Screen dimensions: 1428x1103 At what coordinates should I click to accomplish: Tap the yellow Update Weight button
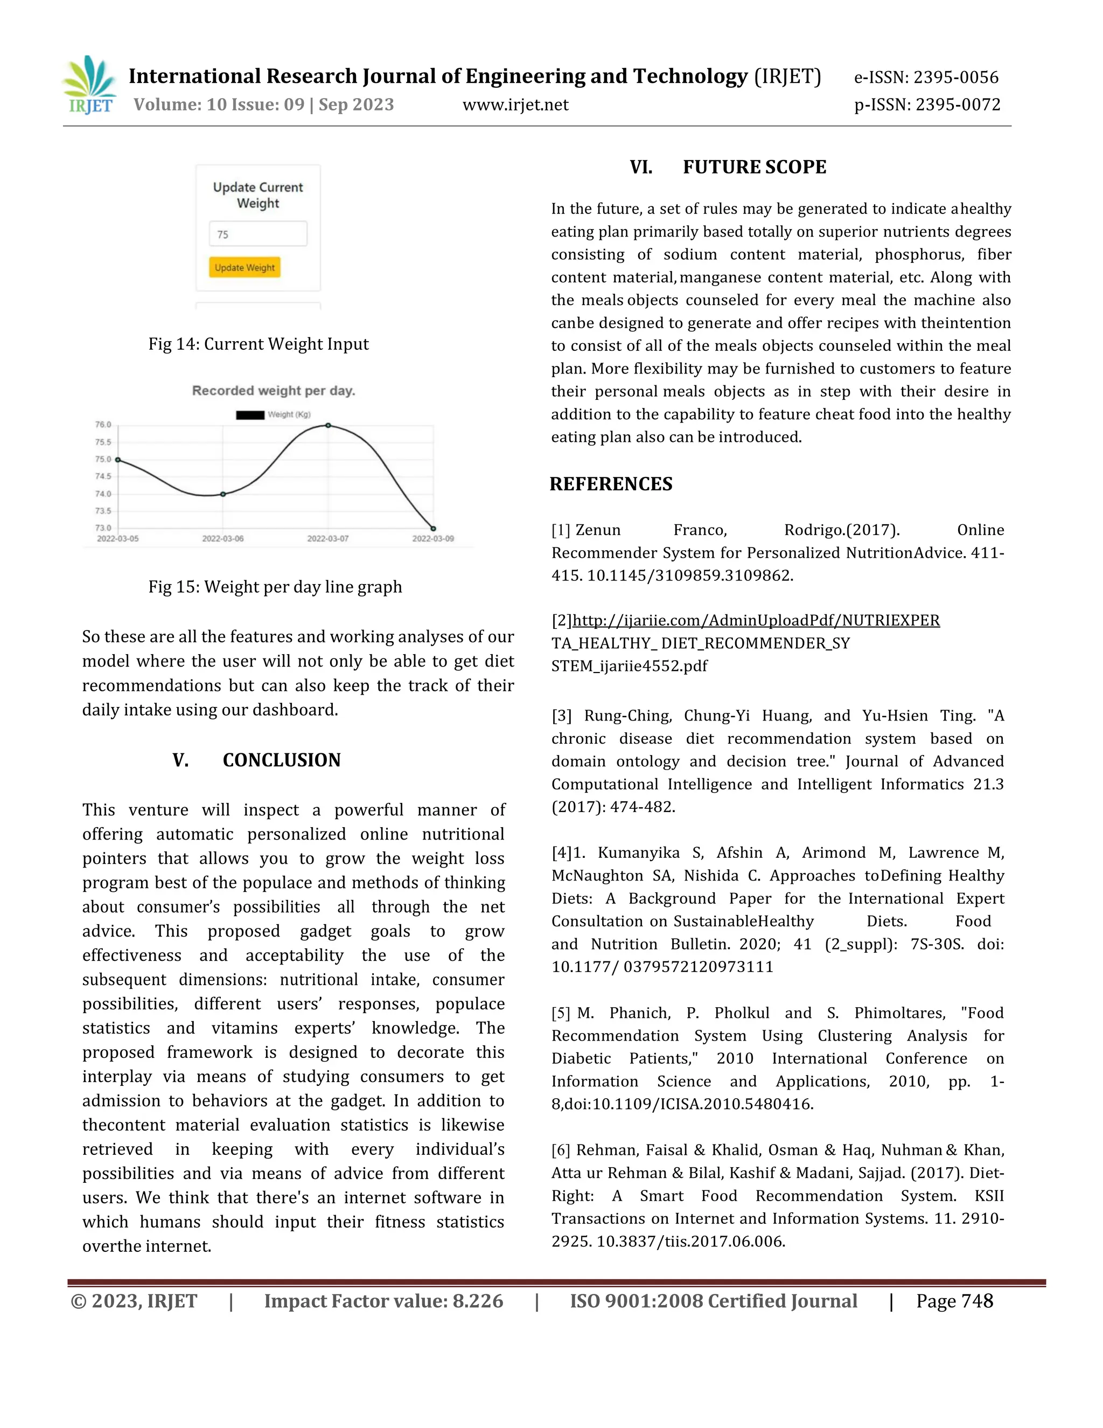(x=245, y=267)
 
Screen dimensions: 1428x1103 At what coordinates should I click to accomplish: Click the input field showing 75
(x=257, y=234)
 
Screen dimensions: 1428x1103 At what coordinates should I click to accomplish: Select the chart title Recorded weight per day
(x=273, y=391)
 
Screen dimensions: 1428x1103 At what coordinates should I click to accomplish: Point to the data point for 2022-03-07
(x=328, y=426)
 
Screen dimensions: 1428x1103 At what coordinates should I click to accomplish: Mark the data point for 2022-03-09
(x=433, y=528)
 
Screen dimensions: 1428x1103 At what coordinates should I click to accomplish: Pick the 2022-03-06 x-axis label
(x=223, y=539)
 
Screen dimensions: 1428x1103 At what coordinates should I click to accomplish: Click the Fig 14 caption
(x=258, y=344)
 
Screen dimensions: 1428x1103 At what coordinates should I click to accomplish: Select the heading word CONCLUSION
(x=282, y=760)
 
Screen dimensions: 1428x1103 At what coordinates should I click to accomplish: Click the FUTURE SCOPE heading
(x=754, y=168)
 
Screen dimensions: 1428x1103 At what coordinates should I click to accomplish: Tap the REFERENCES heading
(x=610, y=484)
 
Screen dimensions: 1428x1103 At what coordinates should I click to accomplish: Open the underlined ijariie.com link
(x=756, y=620)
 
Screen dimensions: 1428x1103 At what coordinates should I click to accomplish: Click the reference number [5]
(x=561, y=1013)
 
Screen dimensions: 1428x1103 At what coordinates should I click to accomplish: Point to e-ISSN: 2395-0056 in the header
(x=926, y=77)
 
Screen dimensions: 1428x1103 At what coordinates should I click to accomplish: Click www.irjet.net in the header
(x=515, y=105)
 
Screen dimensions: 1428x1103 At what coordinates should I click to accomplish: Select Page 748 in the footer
(x=954, y=1301)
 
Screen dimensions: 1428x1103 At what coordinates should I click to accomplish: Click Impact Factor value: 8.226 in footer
(x=383, y=1301)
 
